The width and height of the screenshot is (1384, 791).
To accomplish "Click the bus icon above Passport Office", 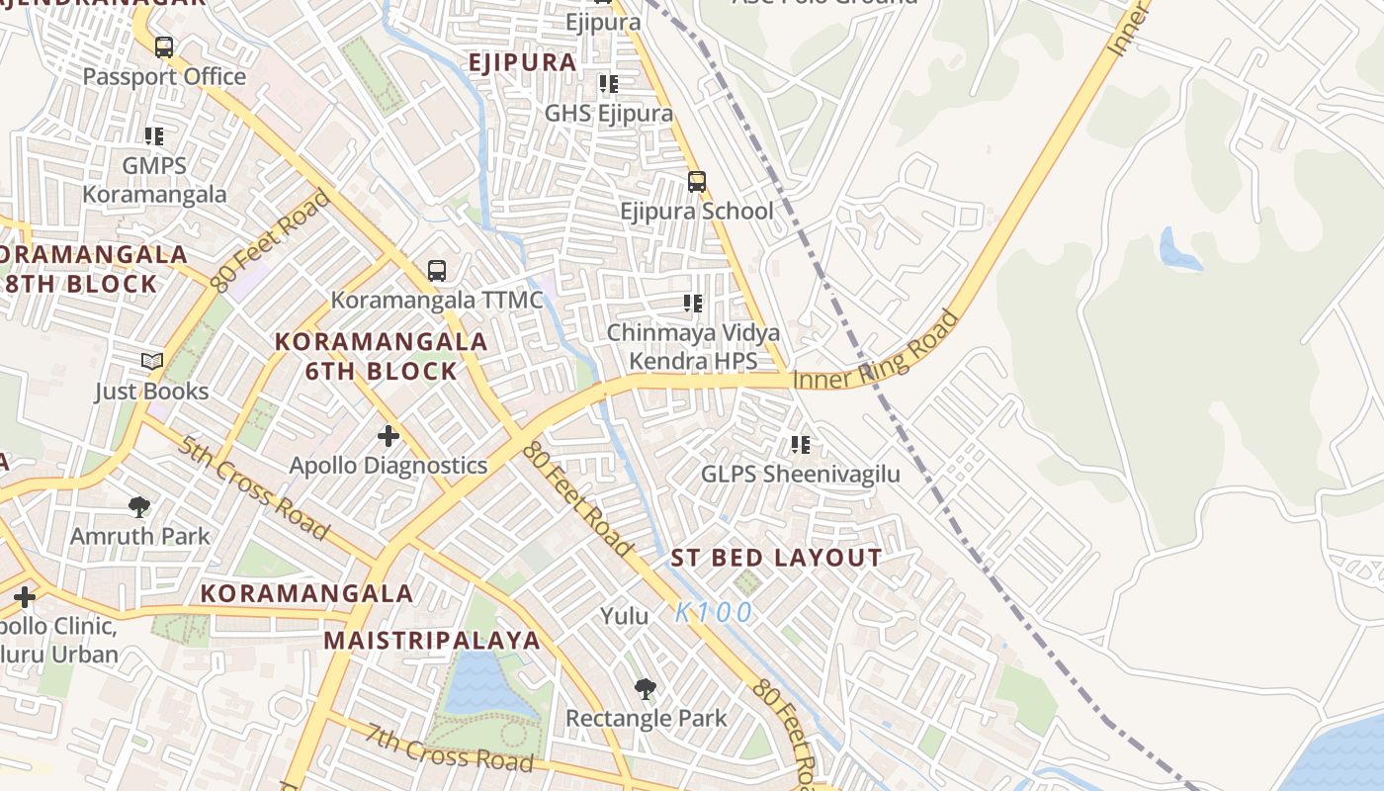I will click(164, 46).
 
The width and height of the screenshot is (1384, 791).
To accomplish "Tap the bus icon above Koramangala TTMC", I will click(436, 270).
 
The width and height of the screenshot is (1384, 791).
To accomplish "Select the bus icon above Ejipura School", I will click(697, 181).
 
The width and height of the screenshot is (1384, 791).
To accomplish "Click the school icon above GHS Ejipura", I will click(608, 84).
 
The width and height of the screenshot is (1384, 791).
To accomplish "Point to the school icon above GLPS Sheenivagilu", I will click(800, 445).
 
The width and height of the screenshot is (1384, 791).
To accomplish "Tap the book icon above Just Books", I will click(151, 362).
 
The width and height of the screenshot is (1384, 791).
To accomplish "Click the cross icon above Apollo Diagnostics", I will click(389, 435).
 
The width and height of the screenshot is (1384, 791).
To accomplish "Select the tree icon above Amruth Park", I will click(139, 507).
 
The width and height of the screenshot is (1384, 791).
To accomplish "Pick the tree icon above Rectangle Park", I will click(646, 688).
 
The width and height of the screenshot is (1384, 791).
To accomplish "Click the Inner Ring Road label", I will click(876, 352).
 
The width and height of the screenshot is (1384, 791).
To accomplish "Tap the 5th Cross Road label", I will click(254, 487).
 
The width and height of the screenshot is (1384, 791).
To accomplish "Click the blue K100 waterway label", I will click(715, 613).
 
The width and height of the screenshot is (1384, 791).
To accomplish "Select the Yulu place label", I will click(625, 616).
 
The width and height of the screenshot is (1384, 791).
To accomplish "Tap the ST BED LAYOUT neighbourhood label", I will click(776, 558).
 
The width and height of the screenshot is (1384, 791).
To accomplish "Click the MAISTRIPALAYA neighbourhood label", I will click(432, 640).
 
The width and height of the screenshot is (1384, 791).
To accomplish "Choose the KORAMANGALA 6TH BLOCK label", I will click(381, 356).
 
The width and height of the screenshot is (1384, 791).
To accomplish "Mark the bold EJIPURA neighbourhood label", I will click(522, 62).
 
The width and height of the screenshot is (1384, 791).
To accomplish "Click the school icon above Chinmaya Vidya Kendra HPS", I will click(692, 304).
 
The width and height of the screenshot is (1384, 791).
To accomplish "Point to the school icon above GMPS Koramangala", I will click(153, 135).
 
